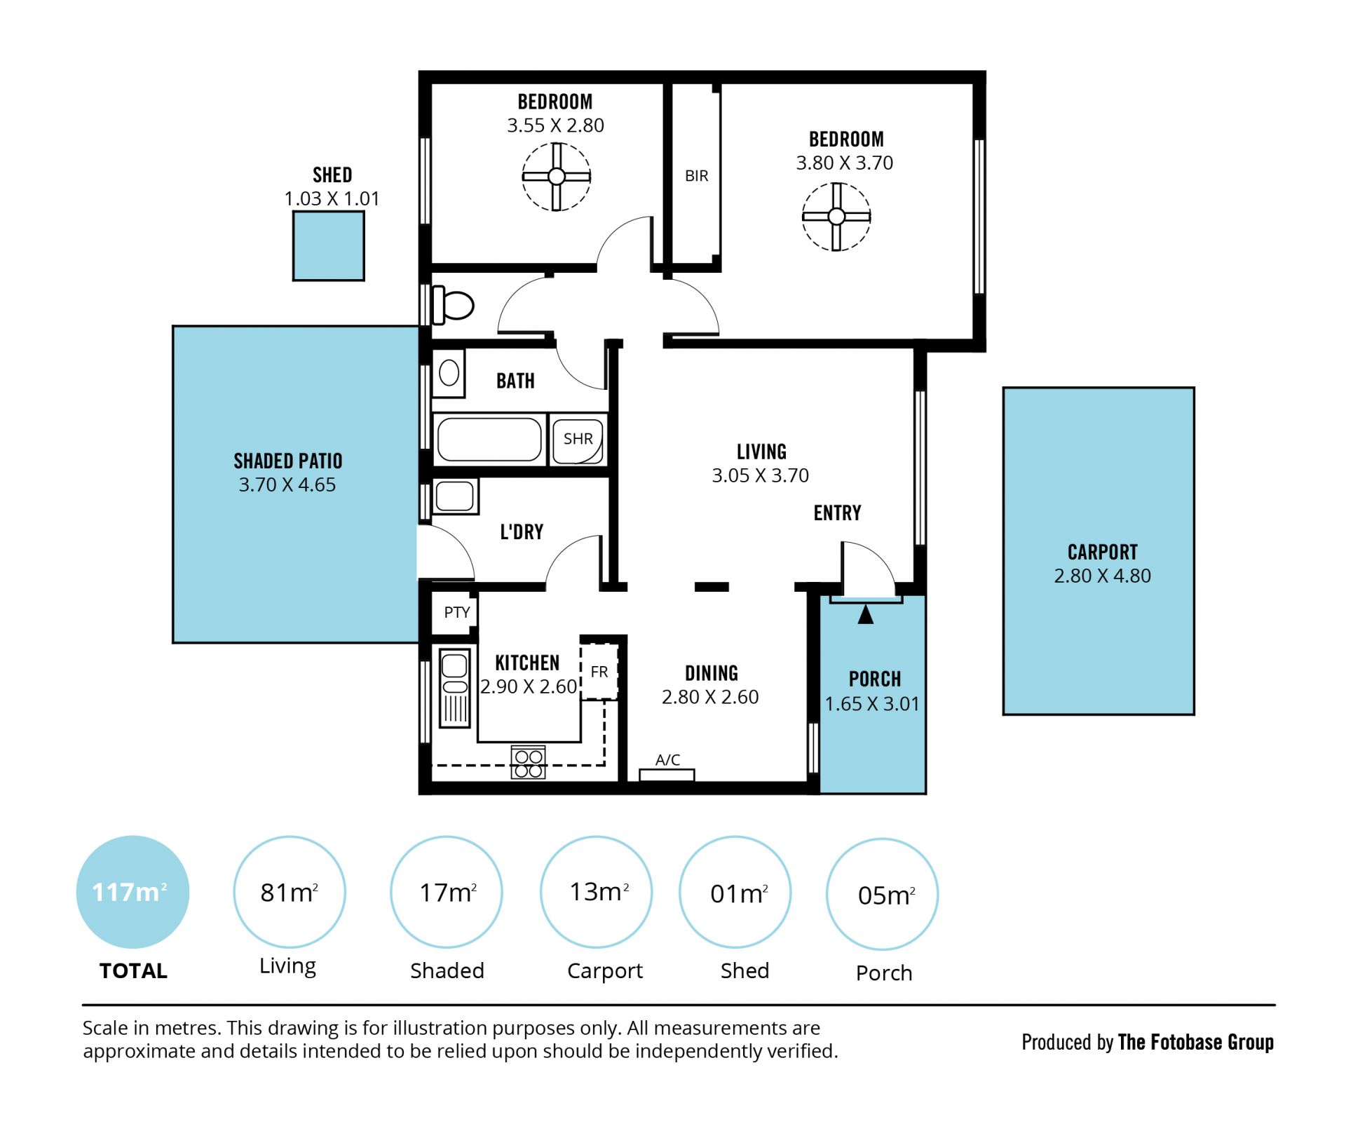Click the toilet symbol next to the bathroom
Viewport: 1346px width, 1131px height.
coord(453,305)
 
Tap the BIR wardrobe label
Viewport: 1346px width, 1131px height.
coord(696,176)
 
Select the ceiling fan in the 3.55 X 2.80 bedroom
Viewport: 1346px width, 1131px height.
coord(557,177)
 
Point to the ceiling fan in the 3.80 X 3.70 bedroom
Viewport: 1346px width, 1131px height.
coord(836,217)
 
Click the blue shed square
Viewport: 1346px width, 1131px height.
coord(329,246)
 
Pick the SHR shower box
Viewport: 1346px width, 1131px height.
coord(578,440)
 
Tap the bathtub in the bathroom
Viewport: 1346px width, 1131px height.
coord(489,440)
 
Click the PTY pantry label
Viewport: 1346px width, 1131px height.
coord(457,612)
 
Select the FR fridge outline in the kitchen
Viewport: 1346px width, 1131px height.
coord(599,672)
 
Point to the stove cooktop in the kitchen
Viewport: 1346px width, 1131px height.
coord(529,762)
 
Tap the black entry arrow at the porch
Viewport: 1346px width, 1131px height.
coord(866,614)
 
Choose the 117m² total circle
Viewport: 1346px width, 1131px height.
coord(132,892)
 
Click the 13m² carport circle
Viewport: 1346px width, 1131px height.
coord(597,892)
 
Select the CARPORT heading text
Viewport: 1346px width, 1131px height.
coord(1103,553)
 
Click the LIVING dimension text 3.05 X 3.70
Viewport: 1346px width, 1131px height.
coord(761,475)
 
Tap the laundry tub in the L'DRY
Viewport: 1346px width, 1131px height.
coord(455,496)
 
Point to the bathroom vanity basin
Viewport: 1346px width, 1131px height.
coord(449,373)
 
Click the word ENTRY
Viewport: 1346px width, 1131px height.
coord(838,513)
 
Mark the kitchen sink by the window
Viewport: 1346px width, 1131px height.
coord(454,687)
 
